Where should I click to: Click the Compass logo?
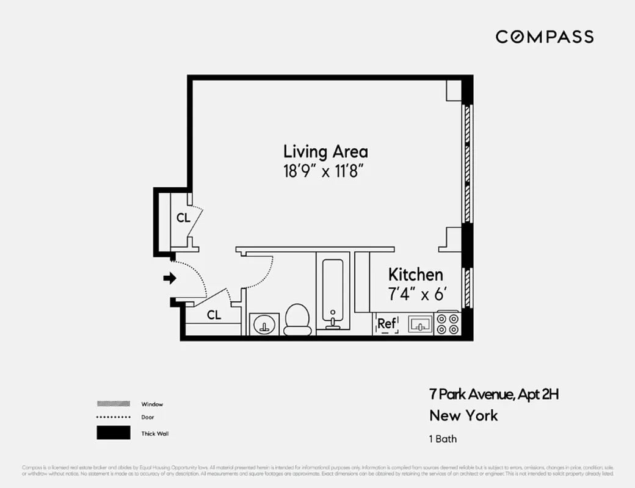coord(544,37)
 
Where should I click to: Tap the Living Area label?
coord(325,151)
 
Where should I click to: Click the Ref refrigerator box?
coord(386,324)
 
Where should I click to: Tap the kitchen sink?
coord(420,324)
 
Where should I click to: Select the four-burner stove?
coord(447,324)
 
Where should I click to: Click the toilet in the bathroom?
coord(298,319)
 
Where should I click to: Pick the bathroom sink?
coord(264,324)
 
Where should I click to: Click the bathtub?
coord(333,293)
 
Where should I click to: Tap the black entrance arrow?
coord(170,278)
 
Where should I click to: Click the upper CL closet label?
coord(183,218)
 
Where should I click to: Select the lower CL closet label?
coord(214,315)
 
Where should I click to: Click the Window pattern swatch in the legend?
coord(114,404)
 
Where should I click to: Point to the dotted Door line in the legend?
coord(114,417)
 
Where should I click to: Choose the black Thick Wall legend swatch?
coord(114,433)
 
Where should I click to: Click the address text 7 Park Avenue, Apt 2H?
coord(494,394)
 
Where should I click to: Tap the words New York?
coord(463,416)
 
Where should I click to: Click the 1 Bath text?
coord(443,439)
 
